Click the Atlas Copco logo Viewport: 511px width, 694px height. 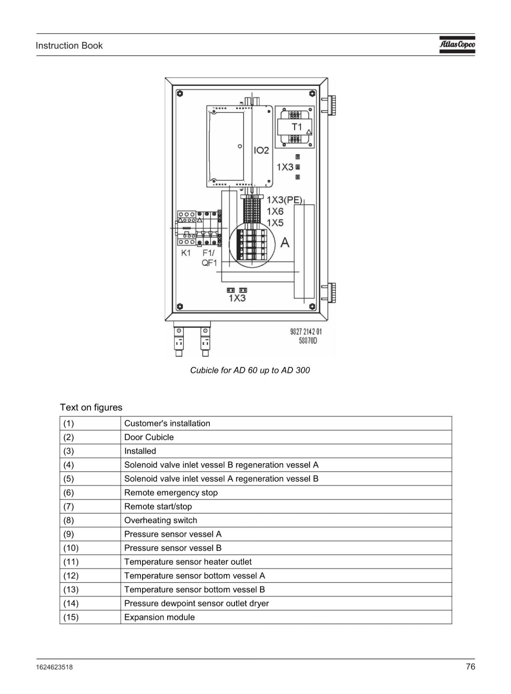[457, 45]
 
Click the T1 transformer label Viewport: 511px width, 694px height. [297, 127]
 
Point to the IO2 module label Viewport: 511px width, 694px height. [261, 151]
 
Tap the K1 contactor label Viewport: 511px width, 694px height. [186, 253]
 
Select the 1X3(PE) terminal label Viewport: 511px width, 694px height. [284, 200]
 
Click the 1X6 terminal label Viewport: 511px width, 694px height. [275, 212]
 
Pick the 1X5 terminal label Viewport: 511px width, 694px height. [275, 223]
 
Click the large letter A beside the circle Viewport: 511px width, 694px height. [285, 242]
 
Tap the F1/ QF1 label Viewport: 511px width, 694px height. [209, 258]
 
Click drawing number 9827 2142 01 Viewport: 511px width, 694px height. [306, 332]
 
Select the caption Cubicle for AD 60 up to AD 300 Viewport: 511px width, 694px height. [250, 370]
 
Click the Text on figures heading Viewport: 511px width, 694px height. [91, 407]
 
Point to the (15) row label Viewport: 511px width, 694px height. [71, 617]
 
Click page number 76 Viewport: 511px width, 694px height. [470, 666]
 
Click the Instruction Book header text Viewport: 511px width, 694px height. [69, 46]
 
